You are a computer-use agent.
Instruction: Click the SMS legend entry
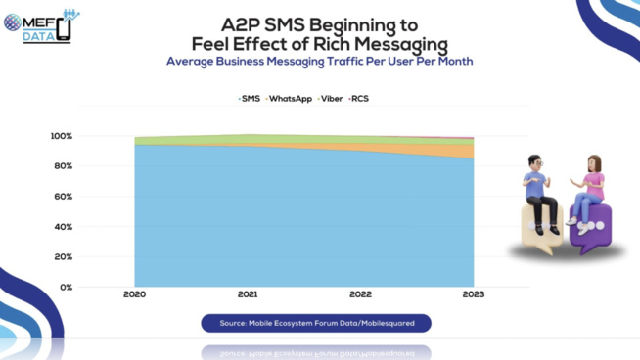[x=250, y=99]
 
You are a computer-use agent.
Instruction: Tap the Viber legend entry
[x=330, y=99]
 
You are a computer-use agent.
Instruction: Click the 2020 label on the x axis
[x=135, y=294]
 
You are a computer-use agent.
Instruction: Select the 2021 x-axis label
[x=248, y=294]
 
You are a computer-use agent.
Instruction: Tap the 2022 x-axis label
[x=360, y=294]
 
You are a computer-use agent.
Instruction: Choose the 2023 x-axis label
[x=473, y=294]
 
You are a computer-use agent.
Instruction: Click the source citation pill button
[x=316, y=323]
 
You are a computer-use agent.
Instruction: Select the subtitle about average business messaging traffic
[x=319, y=61]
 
